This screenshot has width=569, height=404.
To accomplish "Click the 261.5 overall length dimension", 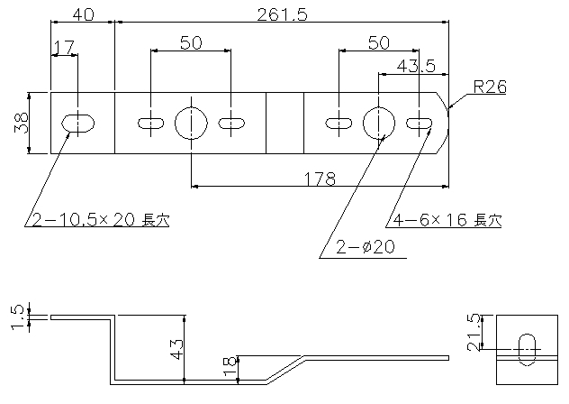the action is click(x=282, y=14).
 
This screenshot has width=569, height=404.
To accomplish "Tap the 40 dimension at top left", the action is click(x=83, y=14).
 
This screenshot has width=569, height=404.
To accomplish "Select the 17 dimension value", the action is click(x=64, y=47).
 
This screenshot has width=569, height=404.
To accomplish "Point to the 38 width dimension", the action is click(x=22, y=123).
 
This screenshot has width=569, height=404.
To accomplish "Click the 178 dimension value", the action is click(x=320, y=179).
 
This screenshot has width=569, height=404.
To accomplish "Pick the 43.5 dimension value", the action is click(x=416, y=66).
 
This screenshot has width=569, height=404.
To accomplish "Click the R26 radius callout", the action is click(x=490, y=87).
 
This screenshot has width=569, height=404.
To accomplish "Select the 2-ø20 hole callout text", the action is click(x=365, y=247).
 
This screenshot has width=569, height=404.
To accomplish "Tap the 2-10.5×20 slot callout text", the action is click(x=101, y=220).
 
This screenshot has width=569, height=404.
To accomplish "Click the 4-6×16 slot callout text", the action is click(x=447, y=220).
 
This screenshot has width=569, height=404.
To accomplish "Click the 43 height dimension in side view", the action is click(x=176, y=349).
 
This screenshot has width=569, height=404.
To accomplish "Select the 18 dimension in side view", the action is click(x=230, y=366).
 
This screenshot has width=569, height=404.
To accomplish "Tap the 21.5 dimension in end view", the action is click(x=474, y=333).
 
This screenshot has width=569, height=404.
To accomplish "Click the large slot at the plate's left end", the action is click(x=77, y=124).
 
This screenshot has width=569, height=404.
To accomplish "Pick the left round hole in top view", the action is click(x=191, y=123).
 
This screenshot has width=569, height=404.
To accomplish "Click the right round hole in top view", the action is click(x=379, y=123).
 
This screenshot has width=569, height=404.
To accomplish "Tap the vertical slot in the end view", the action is click(x=527, y=350).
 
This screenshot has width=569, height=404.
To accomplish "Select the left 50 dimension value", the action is click(x=191, y=43).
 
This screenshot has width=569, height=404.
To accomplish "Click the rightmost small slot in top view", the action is click(x=420, y=124).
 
